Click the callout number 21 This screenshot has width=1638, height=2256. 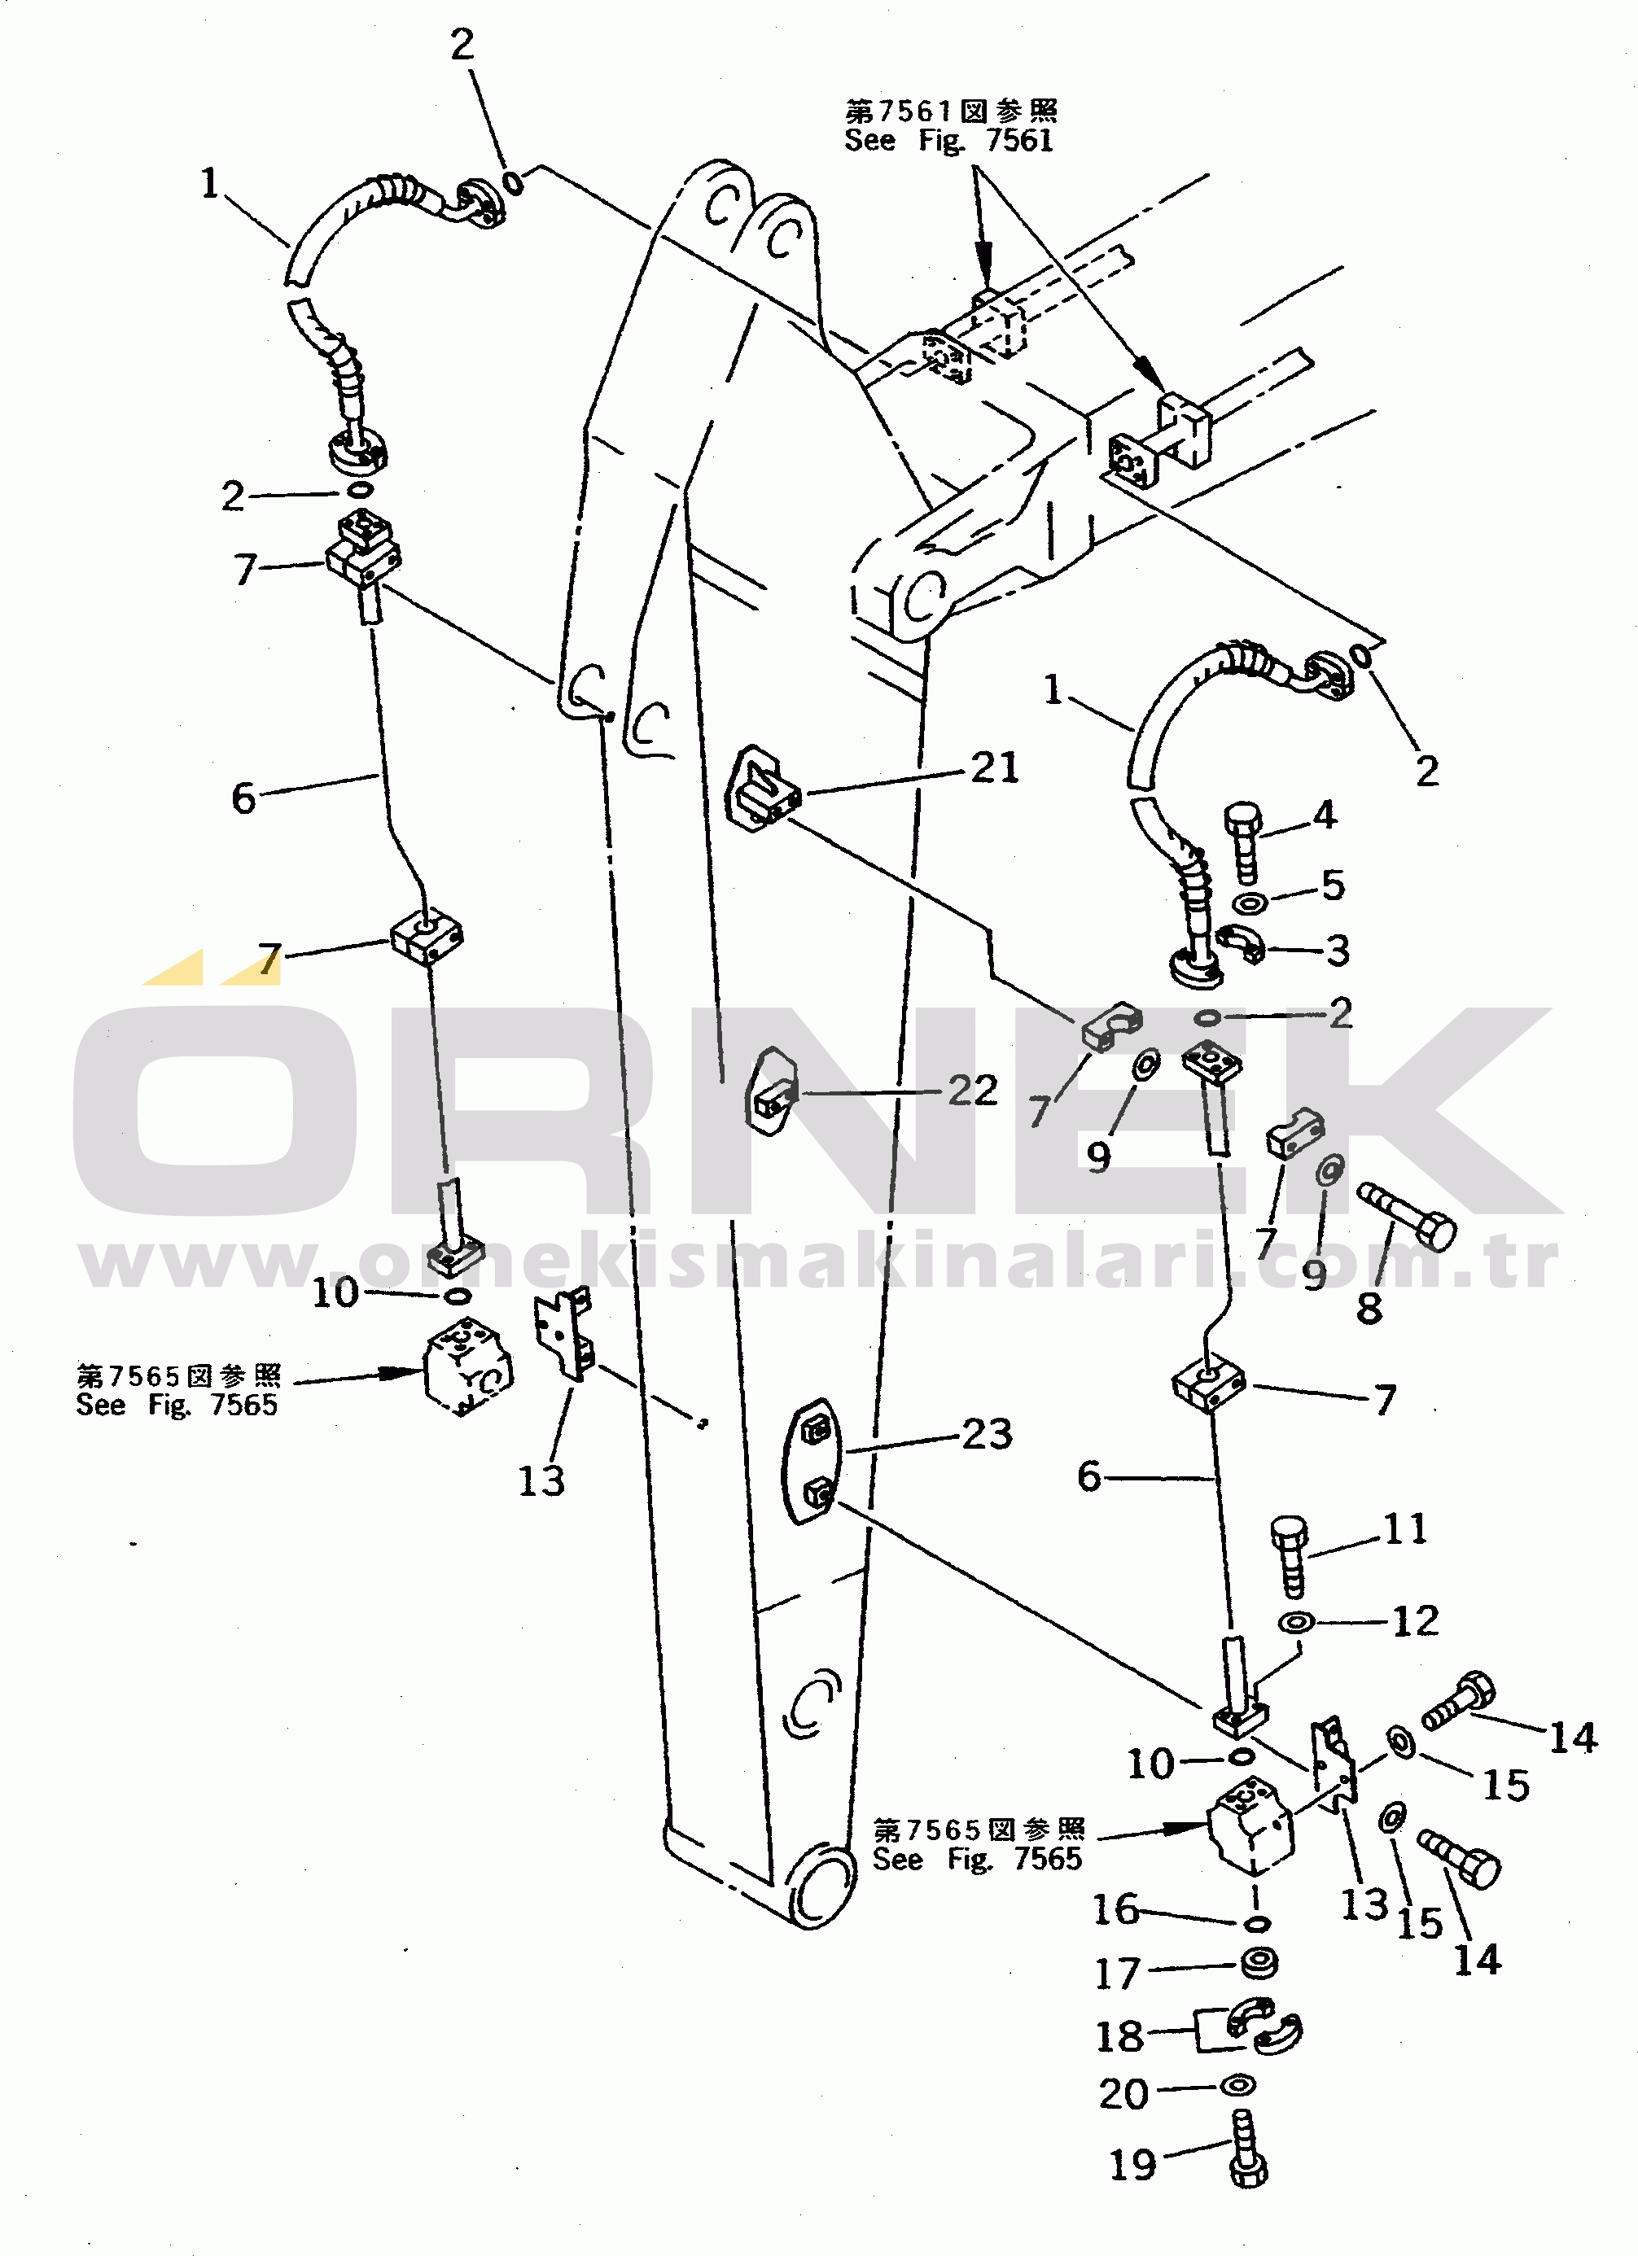click(x=994, y=768)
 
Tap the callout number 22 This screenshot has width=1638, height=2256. click(x=972, y=1091)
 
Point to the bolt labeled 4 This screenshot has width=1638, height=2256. click(x=1243, y=842)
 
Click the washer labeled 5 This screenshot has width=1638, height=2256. click(x=1249, y=903)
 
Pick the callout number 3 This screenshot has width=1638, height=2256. click(x=1338, y=951)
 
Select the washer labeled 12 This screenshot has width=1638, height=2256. click(x=1296, y=1622)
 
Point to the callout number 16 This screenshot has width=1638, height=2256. click(x=1115, y=1908)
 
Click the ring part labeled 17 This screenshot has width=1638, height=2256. click(x=1259, y=1965)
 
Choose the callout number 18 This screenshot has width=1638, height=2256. click(x=1119, y=2036)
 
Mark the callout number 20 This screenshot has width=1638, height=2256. click(x=1123, y=2094)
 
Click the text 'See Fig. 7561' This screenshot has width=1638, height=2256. click(x=948, y=140)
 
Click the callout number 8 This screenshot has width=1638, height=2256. click(x=1369, y=1307)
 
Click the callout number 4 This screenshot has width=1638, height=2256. click(x=1325, y=815)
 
